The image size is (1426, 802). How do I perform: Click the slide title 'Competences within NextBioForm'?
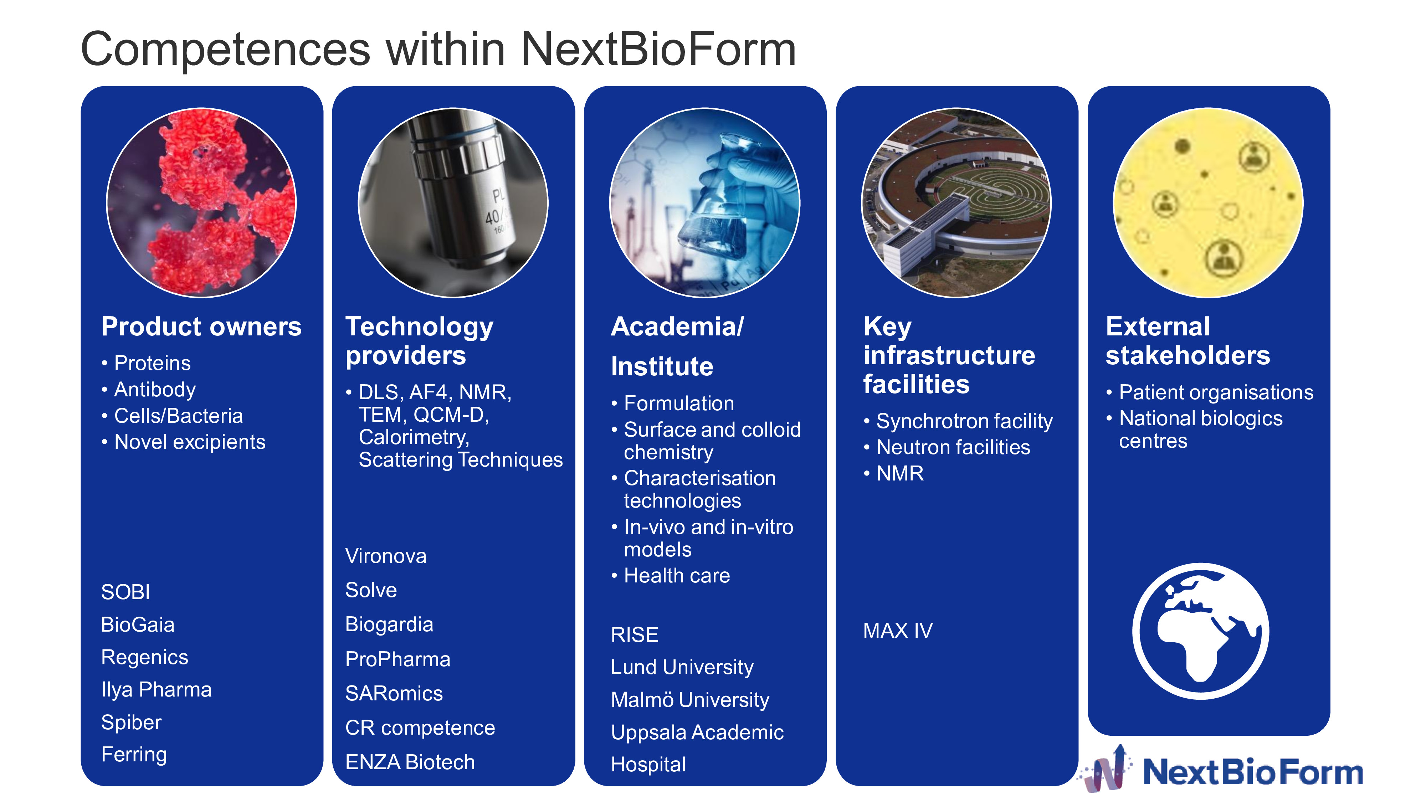click(438, 50)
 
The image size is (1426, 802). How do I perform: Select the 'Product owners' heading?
click(201, 327)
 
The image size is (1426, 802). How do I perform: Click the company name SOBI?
click(125, 592)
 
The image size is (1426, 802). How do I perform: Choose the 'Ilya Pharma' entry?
click(157, 690)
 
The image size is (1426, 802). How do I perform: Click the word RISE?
click(635, 635)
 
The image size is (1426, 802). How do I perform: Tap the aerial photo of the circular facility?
click(956, 202)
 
